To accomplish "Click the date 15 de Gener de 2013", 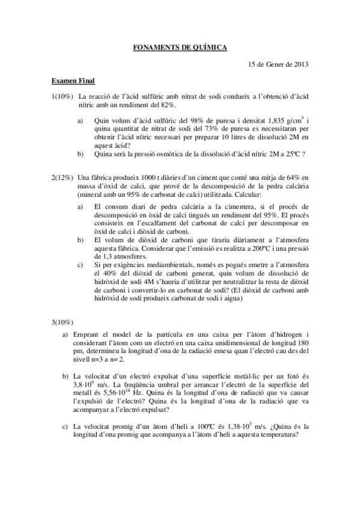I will tap(279, 64).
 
